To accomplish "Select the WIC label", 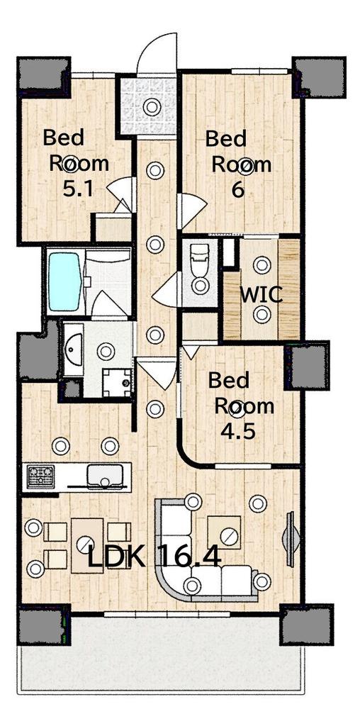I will [261, 295].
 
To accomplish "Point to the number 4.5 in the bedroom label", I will [240, 432].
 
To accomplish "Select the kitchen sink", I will [106, 475].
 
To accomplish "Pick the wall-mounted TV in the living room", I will [289, 532].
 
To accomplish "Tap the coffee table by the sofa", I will [225, 533].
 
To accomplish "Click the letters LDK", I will [117, 557].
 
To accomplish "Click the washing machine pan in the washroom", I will [117, 383].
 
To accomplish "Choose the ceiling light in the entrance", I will [152, 107].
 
